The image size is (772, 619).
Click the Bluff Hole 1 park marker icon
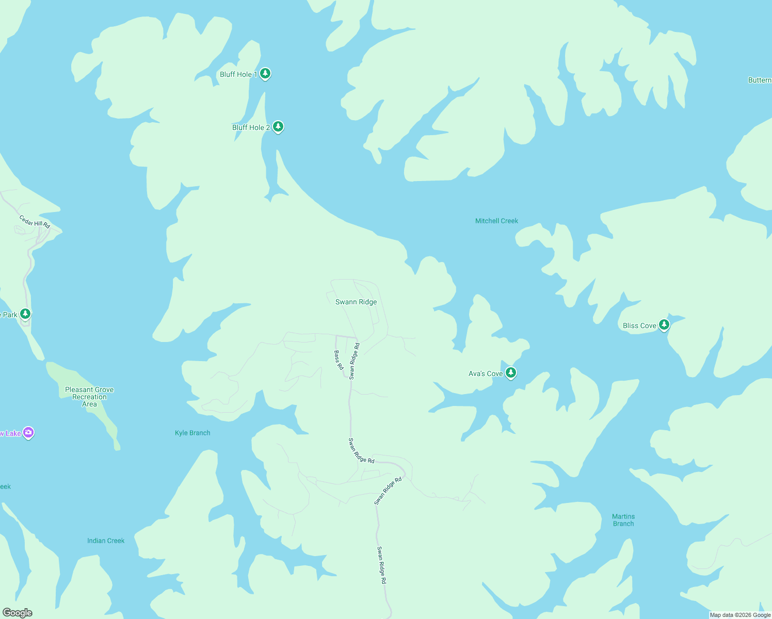pos(265,74)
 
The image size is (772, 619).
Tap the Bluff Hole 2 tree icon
pos(278,126)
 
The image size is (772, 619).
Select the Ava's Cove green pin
pos(511,372)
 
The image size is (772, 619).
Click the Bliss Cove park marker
pos(664,325)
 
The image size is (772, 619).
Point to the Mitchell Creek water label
pos(496,221)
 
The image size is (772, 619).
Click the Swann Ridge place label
pos(356,302)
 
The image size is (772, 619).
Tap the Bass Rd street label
pos(339,360)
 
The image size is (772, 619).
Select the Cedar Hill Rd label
pos(35,222)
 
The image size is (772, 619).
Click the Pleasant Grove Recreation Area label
pos(89,397)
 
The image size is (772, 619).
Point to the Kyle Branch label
pos(192,433)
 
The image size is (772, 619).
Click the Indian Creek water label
pos(106,541)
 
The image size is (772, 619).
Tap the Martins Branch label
pos(623,520)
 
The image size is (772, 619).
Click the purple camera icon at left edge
pos(29,433)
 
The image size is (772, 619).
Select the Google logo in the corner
pos(18,613)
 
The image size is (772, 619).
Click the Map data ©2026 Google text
pos(740,615)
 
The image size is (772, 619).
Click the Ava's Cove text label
pos(486,373)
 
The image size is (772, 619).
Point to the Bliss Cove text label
pos(639,325)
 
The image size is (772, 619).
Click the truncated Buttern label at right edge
pos(760,80)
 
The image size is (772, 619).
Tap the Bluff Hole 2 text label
pos(251,127)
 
